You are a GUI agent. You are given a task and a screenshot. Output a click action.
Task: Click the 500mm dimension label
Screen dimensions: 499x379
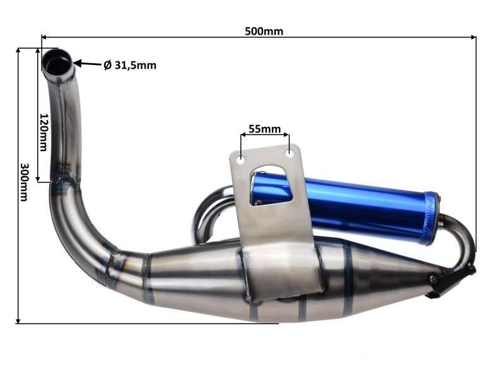pyautogui.click(x=264, y=31)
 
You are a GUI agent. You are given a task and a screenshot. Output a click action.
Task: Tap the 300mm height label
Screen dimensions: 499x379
pyautogui.click(x=24, y=183)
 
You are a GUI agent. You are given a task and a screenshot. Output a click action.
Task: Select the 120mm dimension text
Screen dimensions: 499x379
pyautogui.click(x=44, y=132)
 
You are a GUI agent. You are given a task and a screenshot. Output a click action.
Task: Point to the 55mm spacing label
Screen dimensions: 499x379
pyautogui.click(x=264, y=129)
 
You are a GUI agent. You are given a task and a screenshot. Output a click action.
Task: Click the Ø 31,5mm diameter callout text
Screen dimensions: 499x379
pyautogui.click(x=130, y=65)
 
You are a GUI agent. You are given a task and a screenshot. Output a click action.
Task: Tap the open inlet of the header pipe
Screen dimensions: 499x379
pyautogui.click(x=57, y=61)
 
